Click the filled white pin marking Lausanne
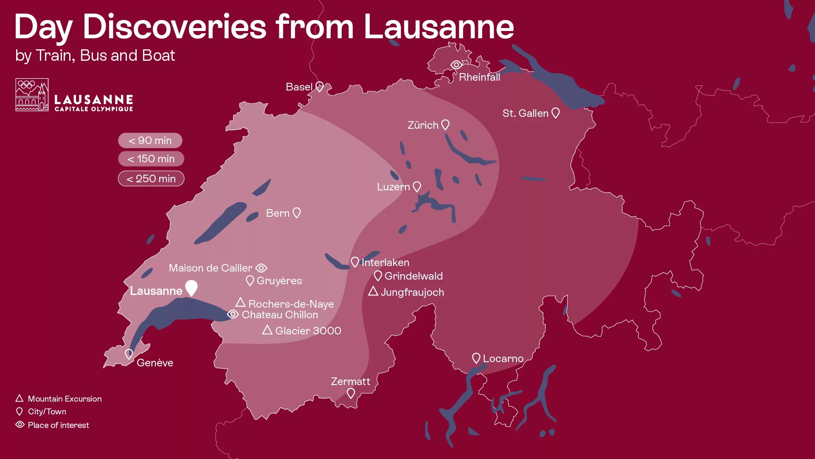191,287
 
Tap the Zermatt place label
350,381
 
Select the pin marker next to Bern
297,212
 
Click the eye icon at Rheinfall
456,65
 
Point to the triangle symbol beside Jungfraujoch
373,291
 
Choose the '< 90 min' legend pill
150,140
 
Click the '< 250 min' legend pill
151,178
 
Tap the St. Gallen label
526,113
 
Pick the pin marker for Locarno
476,358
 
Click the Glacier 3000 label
308,331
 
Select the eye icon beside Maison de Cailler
261,268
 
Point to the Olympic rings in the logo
27,85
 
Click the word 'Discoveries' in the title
174,27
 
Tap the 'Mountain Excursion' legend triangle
20,398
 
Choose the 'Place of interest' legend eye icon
20,425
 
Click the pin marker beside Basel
320,86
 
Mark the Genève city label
155,363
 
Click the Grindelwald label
413,276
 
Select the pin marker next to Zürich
445,125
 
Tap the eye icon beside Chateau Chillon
233,314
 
